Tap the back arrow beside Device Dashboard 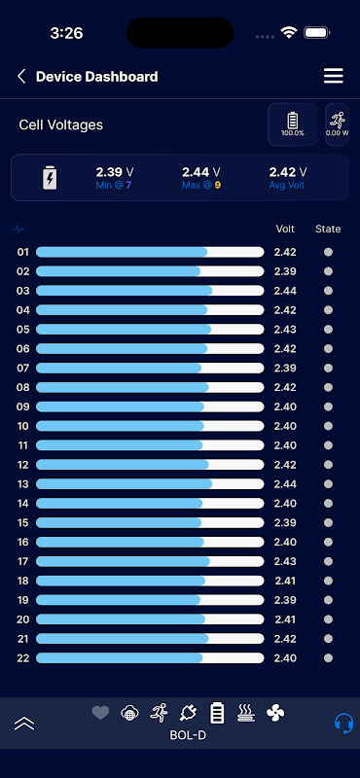[x=21, y=77]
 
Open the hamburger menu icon [x=333, y=76]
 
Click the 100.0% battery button [x=293, y=124]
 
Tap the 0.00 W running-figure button [x=338, y=124]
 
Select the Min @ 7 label [x=115, y=186]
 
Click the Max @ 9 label [x=201, y=186]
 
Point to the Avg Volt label [x=288, y=186]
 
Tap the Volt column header [x=285, y=229]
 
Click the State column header [x=328, y=229]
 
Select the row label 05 [x=23, y=330]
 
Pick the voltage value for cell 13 [x=285, y=483]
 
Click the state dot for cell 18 [x=328, y=581]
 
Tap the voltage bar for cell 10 [x=150, y=426]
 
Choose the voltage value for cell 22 [x=285, y=658]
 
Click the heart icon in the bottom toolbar [x=100, y=713]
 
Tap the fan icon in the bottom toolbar [x=275, y=714]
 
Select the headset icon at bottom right [x=343, y=723]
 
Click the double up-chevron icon [x=24, y=724]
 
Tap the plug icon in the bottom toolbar [x=188, y=714]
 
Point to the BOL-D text [x=188, y=735]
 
